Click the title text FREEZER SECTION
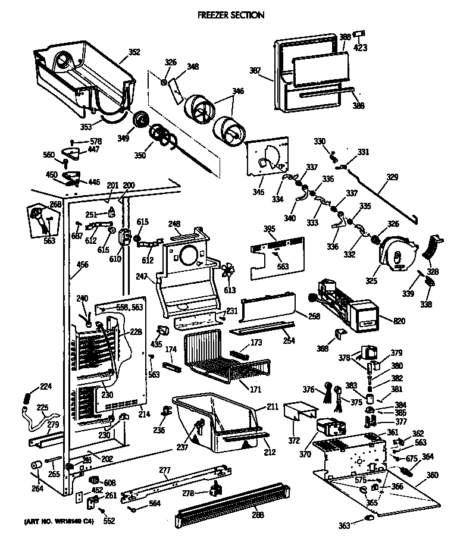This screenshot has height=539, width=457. pyautogui.click(x=231, y=15)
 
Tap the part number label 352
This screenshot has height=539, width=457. pyautogui.click(x=134, y=52)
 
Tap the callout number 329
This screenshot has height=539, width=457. pyautogui.click(x=392, y=177)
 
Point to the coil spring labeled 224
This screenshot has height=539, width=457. pyautogui.click(x=28, y=396)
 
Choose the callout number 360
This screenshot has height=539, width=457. pyautogui.click(x=432, y=475)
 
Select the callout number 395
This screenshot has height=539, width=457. pyautogui.click(x=270, y=229)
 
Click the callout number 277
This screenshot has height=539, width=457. pyautogui.click(x=165, y=471)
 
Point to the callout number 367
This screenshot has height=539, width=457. pyautogui.click(x=255, y=71)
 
